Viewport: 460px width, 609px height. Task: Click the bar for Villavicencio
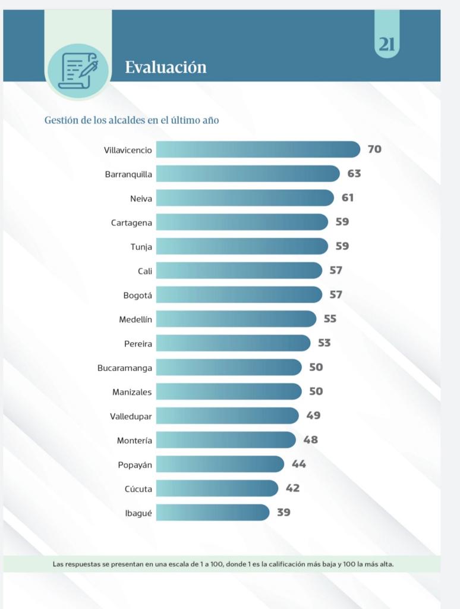click(258, 149)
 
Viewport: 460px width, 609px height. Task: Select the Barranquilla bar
click(248, 174)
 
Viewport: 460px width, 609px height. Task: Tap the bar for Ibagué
click(213, 512)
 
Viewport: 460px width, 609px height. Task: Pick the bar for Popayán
click(220, 464)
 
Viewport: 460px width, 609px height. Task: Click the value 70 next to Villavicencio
click(374, 149)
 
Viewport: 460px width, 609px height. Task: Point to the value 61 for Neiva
click(348, 197)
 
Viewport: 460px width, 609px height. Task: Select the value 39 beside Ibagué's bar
click(283, 512)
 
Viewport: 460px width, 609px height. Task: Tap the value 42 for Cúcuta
click(292, 488)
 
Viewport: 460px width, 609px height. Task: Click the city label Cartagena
click(131, 223)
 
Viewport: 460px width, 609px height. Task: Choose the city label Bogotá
click(137, 295)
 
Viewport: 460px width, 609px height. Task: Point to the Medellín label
click(136, 319)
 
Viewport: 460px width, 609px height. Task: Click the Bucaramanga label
click(125, 368)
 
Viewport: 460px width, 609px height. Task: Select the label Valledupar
click(131, 416)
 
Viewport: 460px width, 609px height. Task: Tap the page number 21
click(387, 45)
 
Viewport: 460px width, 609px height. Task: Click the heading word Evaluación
click(166, 67)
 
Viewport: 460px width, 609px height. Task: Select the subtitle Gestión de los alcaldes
click(132, 120)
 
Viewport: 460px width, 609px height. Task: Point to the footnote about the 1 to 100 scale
click(223, 563)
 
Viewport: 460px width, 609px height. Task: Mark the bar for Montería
click(226, 440)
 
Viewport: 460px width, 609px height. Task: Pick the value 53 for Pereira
click(324, 343)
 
